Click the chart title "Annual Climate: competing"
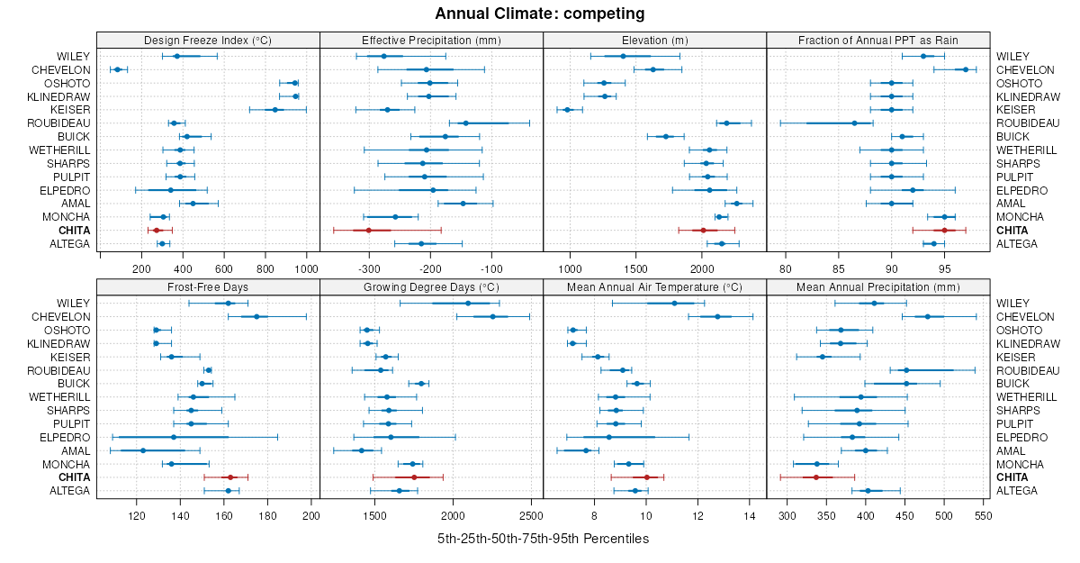click(x=540, y=14)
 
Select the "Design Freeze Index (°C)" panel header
click(x=208, y=41)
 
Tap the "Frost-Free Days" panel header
click(x=208, y=287)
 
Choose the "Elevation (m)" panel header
click(x=654, y=41)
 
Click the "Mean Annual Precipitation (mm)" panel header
click(x=877, y=287)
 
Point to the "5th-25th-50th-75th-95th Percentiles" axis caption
click(x=543, y=539)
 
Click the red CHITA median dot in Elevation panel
click(x=704, y=231)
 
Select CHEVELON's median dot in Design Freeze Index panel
click(x=117, y=69)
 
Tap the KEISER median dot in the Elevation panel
click(x=568, y=110)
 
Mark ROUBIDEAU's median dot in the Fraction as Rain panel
click(x=854, y=123)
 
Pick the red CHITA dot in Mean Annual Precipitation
click(x=816, y=477)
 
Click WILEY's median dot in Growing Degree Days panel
click(x=468, y=304)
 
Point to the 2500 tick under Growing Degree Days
click(x=530, y=516)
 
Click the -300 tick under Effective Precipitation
click(x=369, y=268)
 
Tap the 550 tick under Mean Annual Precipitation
click(x=983, y=516)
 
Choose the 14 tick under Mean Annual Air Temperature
click(x=750, y=516)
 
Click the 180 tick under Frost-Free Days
click(x=267, y=516)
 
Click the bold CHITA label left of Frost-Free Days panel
click(x=74, y=477)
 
